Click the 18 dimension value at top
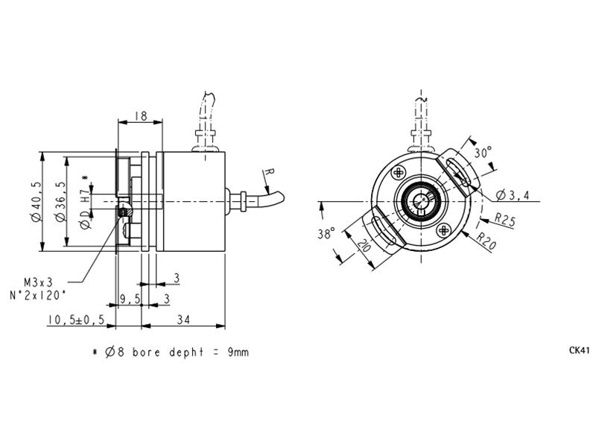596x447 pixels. (141, 115)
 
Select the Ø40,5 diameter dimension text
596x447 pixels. (37, 201)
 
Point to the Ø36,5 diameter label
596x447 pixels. (60, 201)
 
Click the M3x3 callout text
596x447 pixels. (38, 282)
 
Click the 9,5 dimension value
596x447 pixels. (130, 299)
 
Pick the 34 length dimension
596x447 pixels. (183, 320)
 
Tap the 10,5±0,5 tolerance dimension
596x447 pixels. (76, 320)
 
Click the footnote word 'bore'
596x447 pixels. (146, 352)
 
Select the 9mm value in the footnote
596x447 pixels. (238, 352)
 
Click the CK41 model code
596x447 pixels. (579, 350)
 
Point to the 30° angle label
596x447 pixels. (483, 153)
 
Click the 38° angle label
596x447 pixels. (326, 233)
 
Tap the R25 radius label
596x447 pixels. (505, 219)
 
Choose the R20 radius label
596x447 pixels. (486, 241)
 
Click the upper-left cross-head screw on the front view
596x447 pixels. (399, 173)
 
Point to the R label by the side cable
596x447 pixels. (269, 172)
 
